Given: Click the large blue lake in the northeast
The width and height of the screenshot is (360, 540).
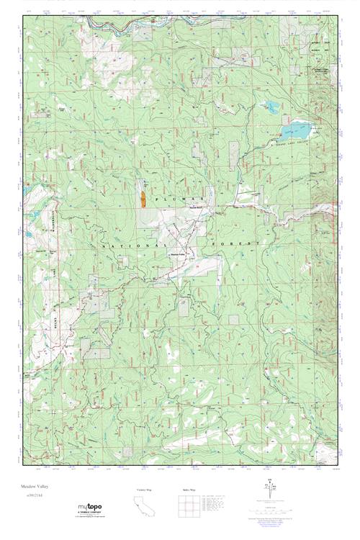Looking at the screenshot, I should pos(296,131).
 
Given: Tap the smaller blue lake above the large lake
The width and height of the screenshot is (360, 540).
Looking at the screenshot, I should pos(272,107).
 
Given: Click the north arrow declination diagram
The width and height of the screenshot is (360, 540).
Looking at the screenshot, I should pos(269,495).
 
